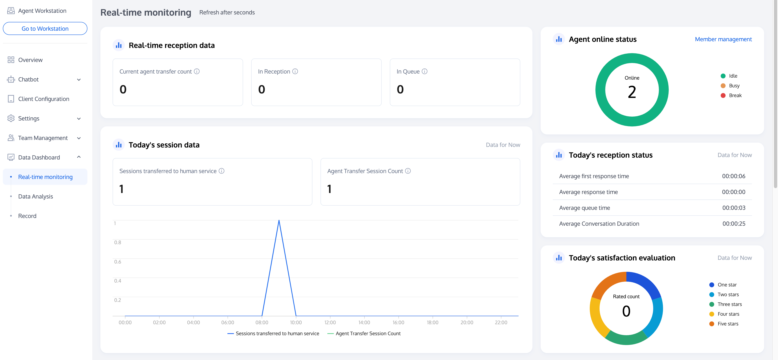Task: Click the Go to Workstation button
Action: (x=45, y=28)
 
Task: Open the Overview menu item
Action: (x=30, y=60)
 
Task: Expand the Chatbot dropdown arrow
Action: (x=79, y=80)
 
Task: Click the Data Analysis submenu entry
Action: (x=35, y=196)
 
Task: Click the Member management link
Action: (x=723, y=39)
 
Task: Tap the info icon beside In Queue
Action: (x=424, y=71)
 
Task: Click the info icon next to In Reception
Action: (x=295, y=71)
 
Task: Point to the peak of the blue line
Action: (x=279, y=220)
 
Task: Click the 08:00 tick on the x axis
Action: (x=262, y=322)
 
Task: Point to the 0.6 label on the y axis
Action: (x=117, y=261)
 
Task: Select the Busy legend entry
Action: (x=734, y=86)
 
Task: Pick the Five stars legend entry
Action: (x=728, y=324)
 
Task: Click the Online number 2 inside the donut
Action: (x=632, y=92)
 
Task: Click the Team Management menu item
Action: (x=43, y=138)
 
